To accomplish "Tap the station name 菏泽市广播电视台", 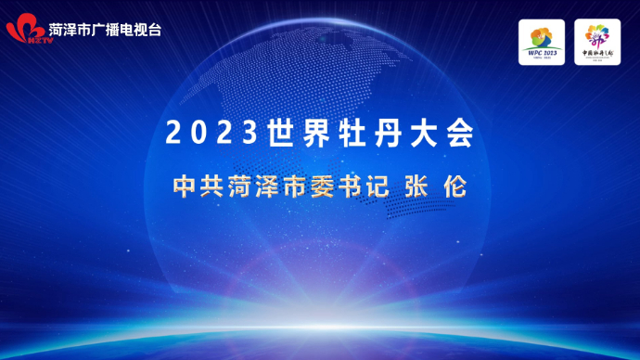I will point(105,29).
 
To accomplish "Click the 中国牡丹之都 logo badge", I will point(597,43).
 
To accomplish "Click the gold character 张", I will point(416,185).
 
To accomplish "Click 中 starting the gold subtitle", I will point(184,185).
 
